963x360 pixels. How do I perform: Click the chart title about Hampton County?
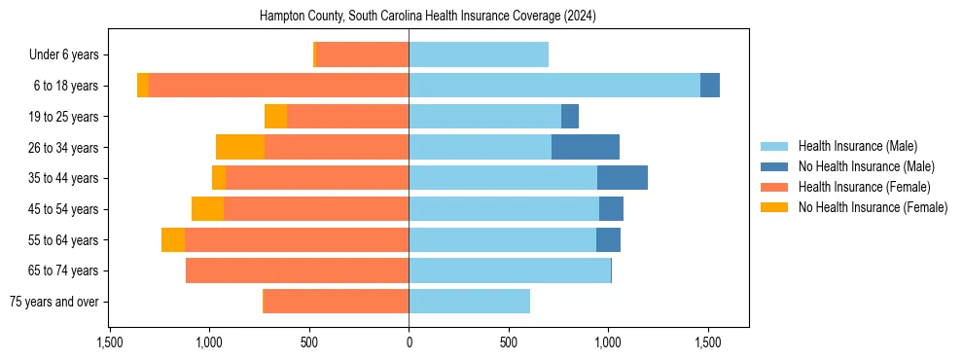(428, 17)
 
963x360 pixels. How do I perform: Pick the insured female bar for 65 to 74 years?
(297, 270)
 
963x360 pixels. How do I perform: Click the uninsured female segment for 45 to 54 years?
(207, 209)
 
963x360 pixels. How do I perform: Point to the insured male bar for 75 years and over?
(469, 302)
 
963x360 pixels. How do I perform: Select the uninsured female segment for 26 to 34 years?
(240, 147)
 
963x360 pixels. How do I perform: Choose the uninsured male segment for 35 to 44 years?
(623, 178)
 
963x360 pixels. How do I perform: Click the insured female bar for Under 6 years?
(362, 54)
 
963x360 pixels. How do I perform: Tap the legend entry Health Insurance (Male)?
(857, 146)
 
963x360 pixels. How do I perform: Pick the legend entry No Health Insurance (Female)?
(873, 207)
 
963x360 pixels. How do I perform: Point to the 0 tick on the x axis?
(409, 342)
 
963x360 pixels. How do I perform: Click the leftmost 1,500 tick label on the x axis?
(110, 342)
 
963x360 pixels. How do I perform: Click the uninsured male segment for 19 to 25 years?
(570, 117)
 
